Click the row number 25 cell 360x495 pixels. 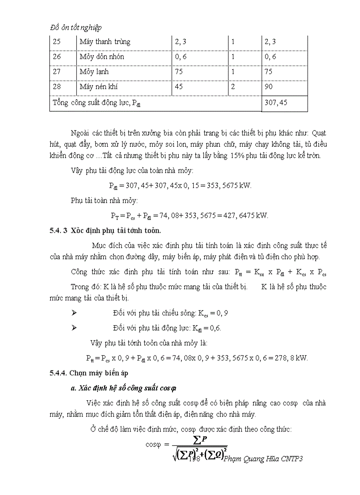pyautogui.click(x=57, y=42)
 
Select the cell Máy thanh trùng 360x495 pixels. pyautogui.click(x=105, y=42)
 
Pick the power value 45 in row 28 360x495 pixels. pyautogui.click(x=179, y=87)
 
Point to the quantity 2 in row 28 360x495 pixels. pyautogui.click(x=233, y=87)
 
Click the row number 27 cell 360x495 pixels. pyautogui.click(x=57, y=72)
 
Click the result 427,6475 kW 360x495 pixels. pyautogui.click(x=247, y=216)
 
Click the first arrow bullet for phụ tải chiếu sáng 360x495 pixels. pyautogui.click(x=74, y=313)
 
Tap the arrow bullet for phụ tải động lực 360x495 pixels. pyautogui.click(x=74, y=328)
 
